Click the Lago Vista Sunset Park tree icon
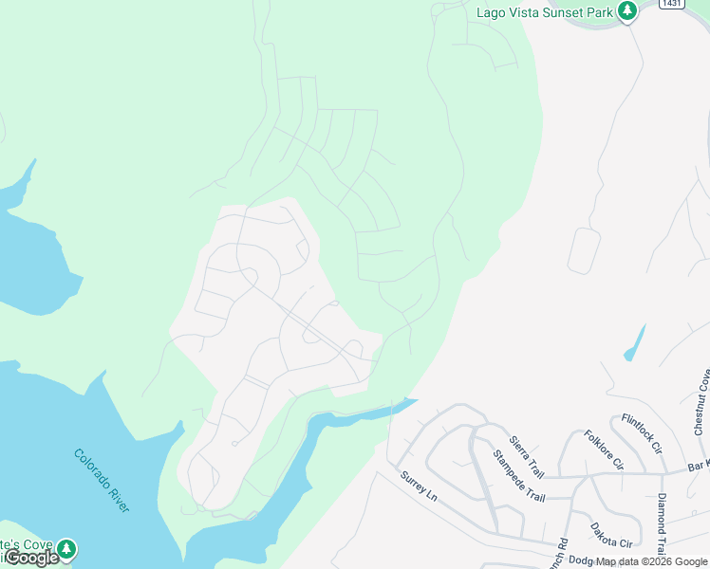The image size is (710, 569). pos(626,11)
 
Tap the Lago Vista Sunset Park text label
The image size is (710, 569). pos(544,11)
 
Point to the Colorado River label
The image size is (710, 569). pos(101,480)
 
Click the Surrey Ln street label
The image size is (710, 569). pos(418,486)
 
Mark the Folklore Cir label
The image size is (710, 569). pos(604,450)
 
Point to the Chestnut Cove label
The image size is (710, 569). pos(701,398)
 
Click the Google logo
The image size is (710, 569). pos(30,558)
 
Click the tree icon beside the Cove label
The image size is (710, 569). pos(65,549)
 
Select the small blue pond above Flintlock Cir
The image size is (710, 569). pos(634,343)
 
